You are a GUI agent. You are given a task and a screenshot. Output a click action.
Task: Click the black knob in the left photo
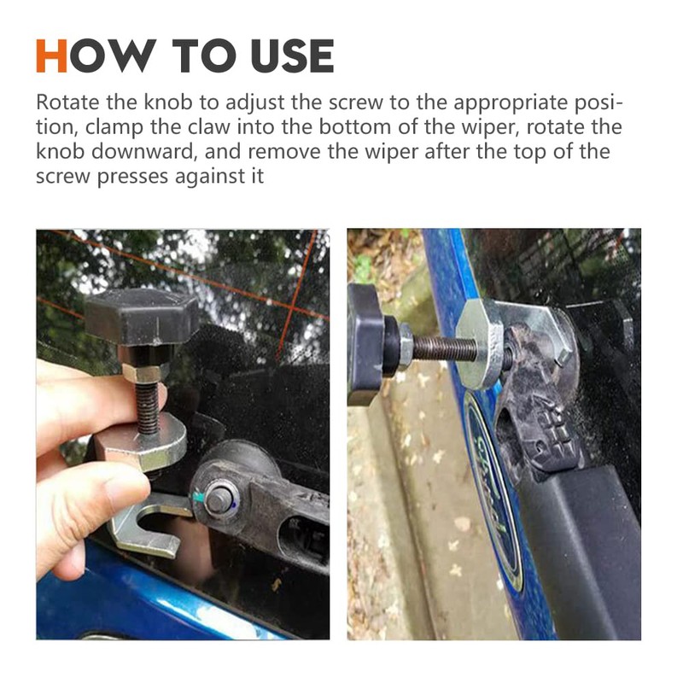[x=142, y=316]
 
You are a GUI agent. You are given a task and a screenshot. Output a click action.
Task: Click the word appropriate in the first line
[x=503, y=103]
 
